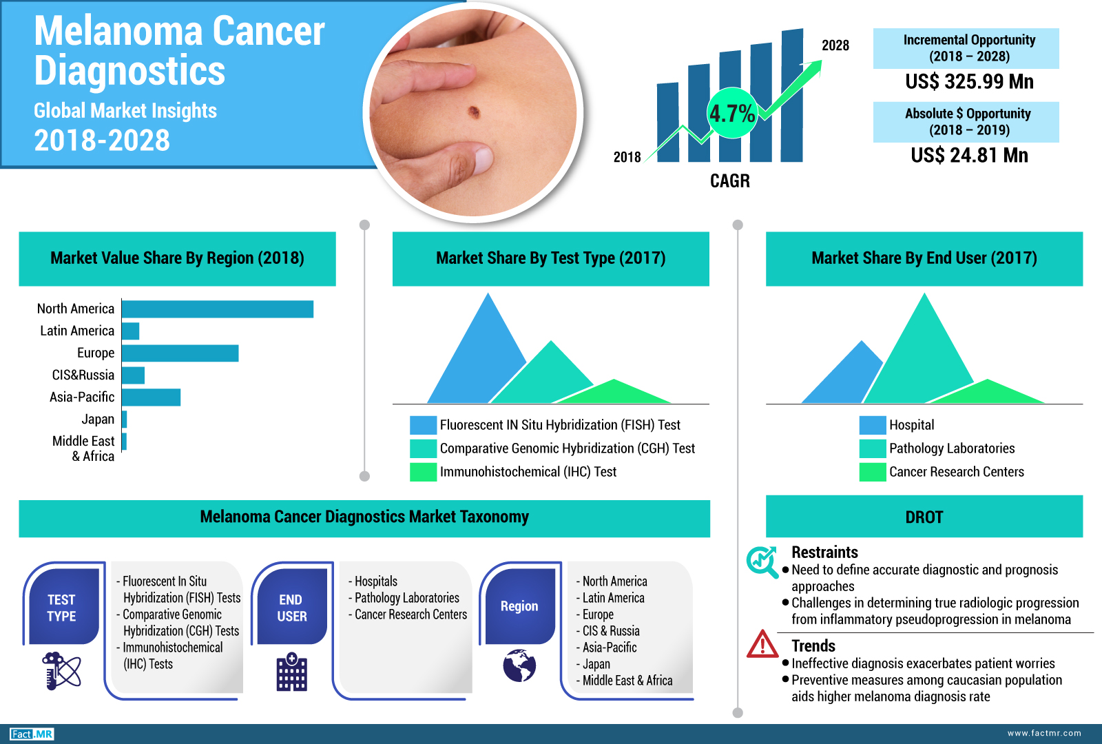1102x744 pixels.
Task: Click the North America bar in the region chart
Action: tap(218, 309)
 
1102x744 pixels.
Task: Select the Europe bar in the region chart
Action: tap(180, 353)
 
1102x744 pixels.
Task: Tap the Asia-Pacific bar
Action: tap(151, 397)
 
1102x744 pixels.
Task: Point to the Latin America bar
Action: tap(130, 331)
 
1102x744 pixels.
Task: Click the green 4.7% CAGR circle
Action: tap(732, 113)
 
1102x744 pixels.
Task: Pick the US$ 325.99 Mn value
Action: tap(969, 82)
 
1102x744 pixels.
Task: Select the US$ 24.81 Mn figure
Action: tap(969, 156)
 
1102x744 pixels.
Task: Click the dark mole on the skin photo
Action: tap(475, 112)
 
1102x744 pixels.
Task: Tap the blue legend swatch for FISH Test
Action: tap(423, 425)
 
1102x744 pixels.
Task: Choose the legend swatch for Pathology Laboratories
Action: tap(873, 448)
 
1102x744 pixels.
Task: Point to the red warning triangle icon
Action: tap(762, 644)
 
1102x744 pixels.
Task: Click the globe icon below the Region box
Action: tap(519, 665)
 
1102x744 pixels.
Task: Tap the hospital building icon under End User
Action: tap(292, 672)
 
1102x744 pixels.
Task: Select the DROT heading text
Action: tap(924, 517)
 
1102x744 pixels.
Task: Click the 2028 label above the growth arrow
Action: tap(835, 45)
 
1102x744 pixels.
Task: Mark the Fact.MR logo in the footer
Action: tap(32, 734)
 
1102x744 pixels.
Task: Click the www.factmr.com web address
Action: tap(1044, 733)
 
